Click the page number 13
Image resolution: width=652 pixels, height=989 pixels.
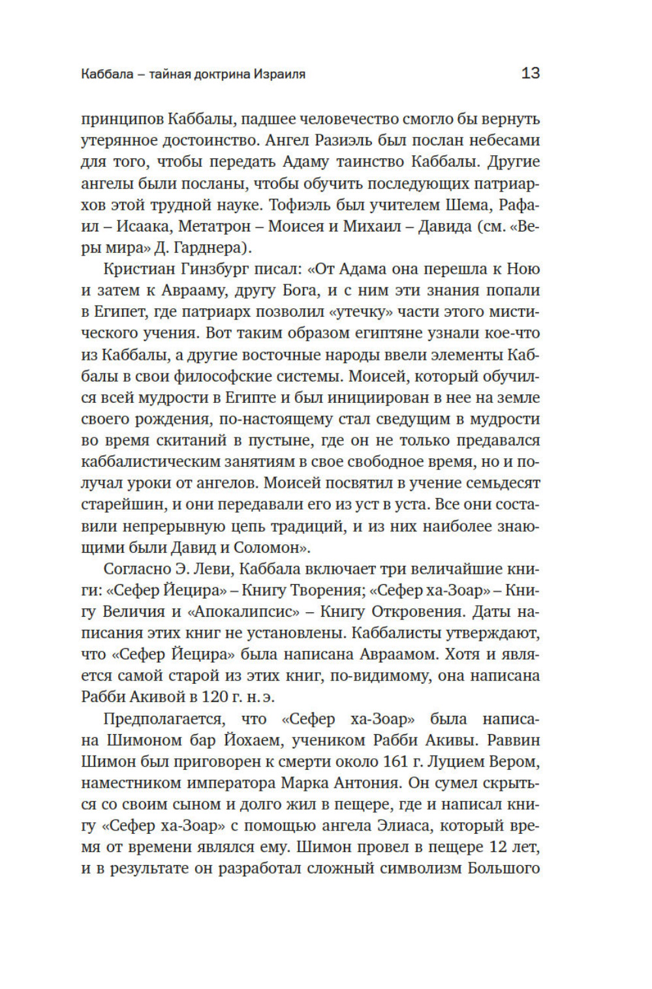(530, 73)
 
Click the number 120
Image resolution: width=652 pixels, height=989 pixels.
(215, 698)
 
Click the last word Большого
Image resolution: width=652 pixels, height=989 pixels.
(503, 868)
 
